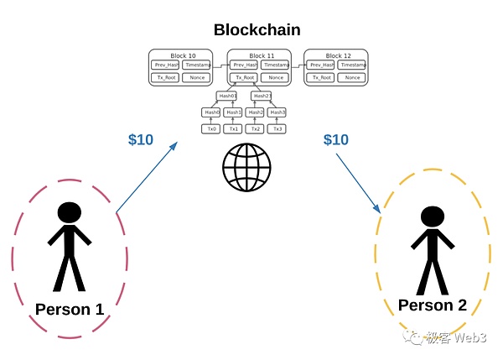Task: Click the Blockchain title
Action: click(x=257, y=30)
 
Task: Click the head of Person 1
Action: click(x=69, y=213)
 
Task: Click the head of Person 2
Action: click(x=432, y=217)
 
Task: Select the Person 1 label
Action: click(x=70, y=310)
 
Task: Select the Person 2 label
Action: click(x=432, y=305)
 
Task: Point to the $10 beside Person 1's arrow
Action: click(x=141, y=139)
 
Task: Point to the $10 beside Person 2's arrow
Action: click(x=336, y=139)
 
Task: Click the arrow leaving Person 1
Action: click(x=148, y=176)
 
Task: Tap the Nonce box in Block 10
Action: click(x=197, y=77)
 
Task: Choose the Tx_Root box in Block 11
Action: click(x=243, y=77)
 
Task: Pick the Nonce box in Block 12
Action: click(x=352, y=77)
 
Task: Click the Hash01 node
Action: click(x=227, y=96)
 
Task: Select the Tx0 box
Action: click(x=211, y=128)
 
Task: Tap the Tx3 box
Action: click(x=277, y=128)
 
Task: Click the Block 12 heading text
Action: click(x=336, y=55)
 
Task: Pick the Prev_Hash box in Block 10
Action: click(x=165, y=65)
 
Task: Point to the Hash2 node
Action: click(x=256, y=112)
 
